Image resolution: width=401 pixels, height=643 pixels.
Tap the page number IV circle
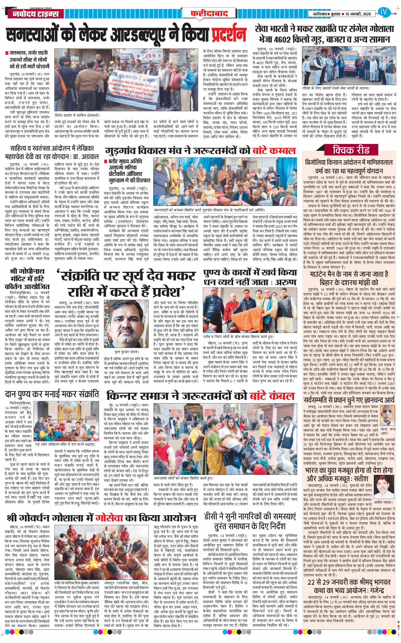(383, 12)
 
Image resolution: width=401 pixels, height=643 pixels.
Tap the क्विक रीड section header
(351, 150)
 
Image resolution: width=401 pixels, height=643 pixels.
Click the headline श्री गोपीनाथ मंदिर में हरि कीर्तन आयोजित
(27, 279)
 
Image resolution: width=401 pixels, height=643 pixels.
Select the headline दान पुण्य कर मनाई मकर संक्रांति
(52, 394)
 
